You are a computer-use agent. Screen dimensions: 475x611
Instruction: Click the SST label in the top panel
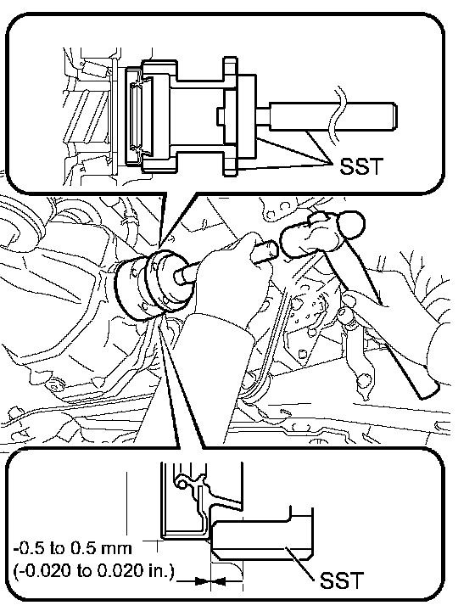361,166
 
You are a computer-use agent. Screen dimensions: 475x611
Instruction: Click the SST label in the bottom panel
342,580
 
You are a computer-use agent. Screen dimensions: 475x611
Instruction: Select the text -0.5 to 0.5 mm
73,549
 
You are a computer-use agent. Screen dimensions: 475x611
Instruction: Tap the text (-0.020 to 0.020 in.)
93,571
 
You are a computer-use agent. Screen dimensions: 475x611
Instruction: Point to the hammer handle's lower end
428,390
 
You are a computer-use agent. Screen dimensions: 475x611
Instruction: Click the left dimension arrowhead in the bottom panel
202,581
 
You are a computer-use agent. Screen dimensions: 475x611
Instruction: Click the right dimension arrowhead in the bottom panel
219,581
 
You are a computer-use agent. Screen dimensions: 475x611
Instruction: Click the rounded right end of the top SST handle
394,115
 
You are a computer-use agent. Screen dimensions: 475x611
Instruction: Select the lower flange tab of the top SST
230,165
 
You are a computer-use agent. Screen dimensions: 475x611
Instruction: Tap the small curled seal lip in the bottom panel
182,483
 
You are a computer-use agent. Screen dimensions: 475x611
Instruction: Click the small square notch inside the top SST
221,115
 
